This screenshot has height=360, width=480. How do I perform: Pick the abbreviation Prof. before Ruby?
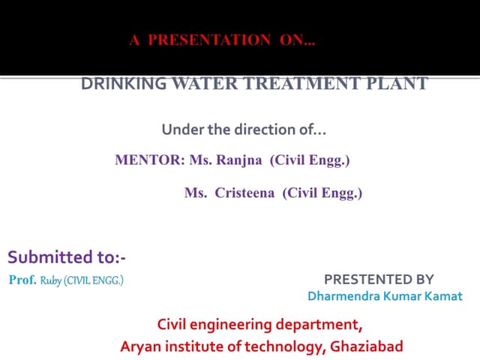coord(22,280)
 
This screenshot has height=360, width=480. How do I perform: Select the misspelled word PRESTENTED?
coord(367,280)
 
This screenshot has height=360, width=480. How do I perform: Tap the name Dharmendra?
coord(344,296)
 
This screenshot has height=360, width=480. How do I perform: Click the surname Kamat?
coord(444,296)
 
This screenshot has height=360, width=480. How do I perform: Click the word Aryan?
coord(139,346)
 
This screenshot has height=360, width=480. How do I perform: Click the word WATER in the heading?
coord(202,83)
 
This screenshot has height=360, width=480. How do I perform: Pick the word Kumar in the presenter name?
coord(405,296)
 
